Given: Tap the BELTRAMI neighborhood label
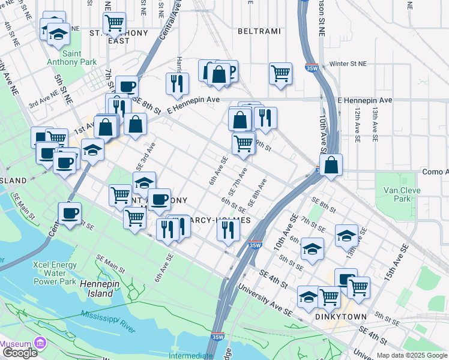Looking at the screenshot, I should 259,30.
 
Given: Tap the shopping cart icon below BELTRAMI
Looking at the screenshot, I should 280,74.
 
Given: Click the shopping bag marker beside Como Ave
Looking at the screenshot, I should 331,164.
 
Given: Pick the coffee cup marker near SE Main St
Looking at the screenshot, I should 69,213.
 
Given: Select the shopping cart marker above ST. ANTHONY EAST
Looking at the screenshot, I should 114,23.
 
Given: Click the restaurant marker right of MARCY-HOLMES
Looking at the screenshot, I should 228,230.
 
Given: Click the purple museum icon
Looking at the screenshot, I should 41,344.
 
